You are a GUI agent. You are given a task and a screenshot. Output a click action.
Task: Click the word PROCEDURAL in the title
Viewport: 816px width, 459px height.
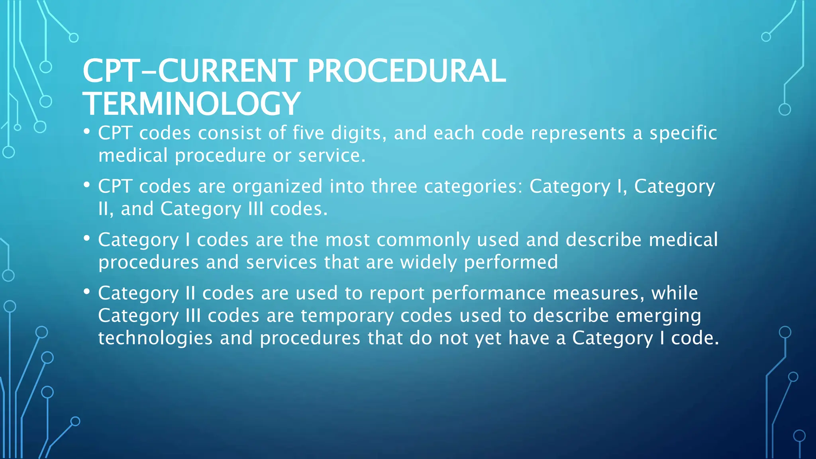406,71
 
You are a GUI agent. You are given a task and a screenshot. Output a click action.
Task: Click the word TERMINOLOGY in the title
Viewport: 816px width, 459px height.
191,104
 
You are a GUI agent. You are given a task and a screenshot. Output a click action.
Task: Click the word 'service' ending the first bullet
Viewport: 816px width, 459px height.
329,155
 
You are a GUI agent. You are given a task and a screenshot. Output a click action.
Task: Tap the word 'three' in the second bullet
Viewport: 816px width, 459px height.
394,186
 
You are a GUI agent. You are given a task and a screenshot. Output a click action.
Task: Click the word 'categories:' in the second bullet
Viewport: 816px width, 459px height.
473,186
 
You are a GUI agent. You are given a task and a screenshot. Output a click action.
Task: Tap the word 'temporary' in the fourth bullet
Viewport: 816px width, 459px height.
347,316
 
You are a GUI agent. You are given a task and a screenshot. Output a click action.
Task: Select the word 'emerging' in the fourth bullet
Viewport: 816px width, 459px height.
658,316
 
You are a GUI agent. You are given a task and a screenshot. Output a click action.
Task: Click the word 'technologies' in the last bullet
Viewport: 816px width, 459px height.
155,338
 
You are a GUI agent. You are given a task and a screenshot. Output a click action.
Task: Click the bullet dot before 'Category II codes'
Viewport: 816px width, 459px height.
87,292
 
